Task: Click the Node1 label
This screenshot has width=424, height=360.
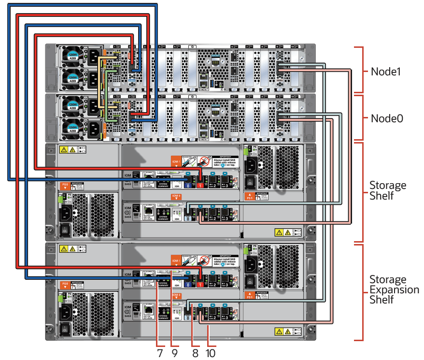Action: [x=387, y=72]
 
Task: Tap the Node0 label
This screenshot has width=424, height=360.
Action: [x=387, y=118]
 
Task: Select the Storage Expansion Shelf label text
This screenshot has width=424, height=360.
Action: [x=394, y=289]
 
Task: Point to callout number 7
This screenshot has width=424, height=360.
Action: [x=160, y=353]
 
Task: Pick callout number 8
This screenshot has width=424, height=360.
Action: [x=195, y=353]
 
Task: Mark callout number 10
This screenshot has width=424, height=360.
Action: [x=210, y=353]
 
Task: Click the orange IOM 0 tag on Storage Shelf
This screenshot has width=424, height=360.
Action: [x=176, y=196]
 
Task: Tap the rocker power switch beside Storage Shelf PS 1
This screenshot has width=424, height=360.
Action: [x=250, y=183]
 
